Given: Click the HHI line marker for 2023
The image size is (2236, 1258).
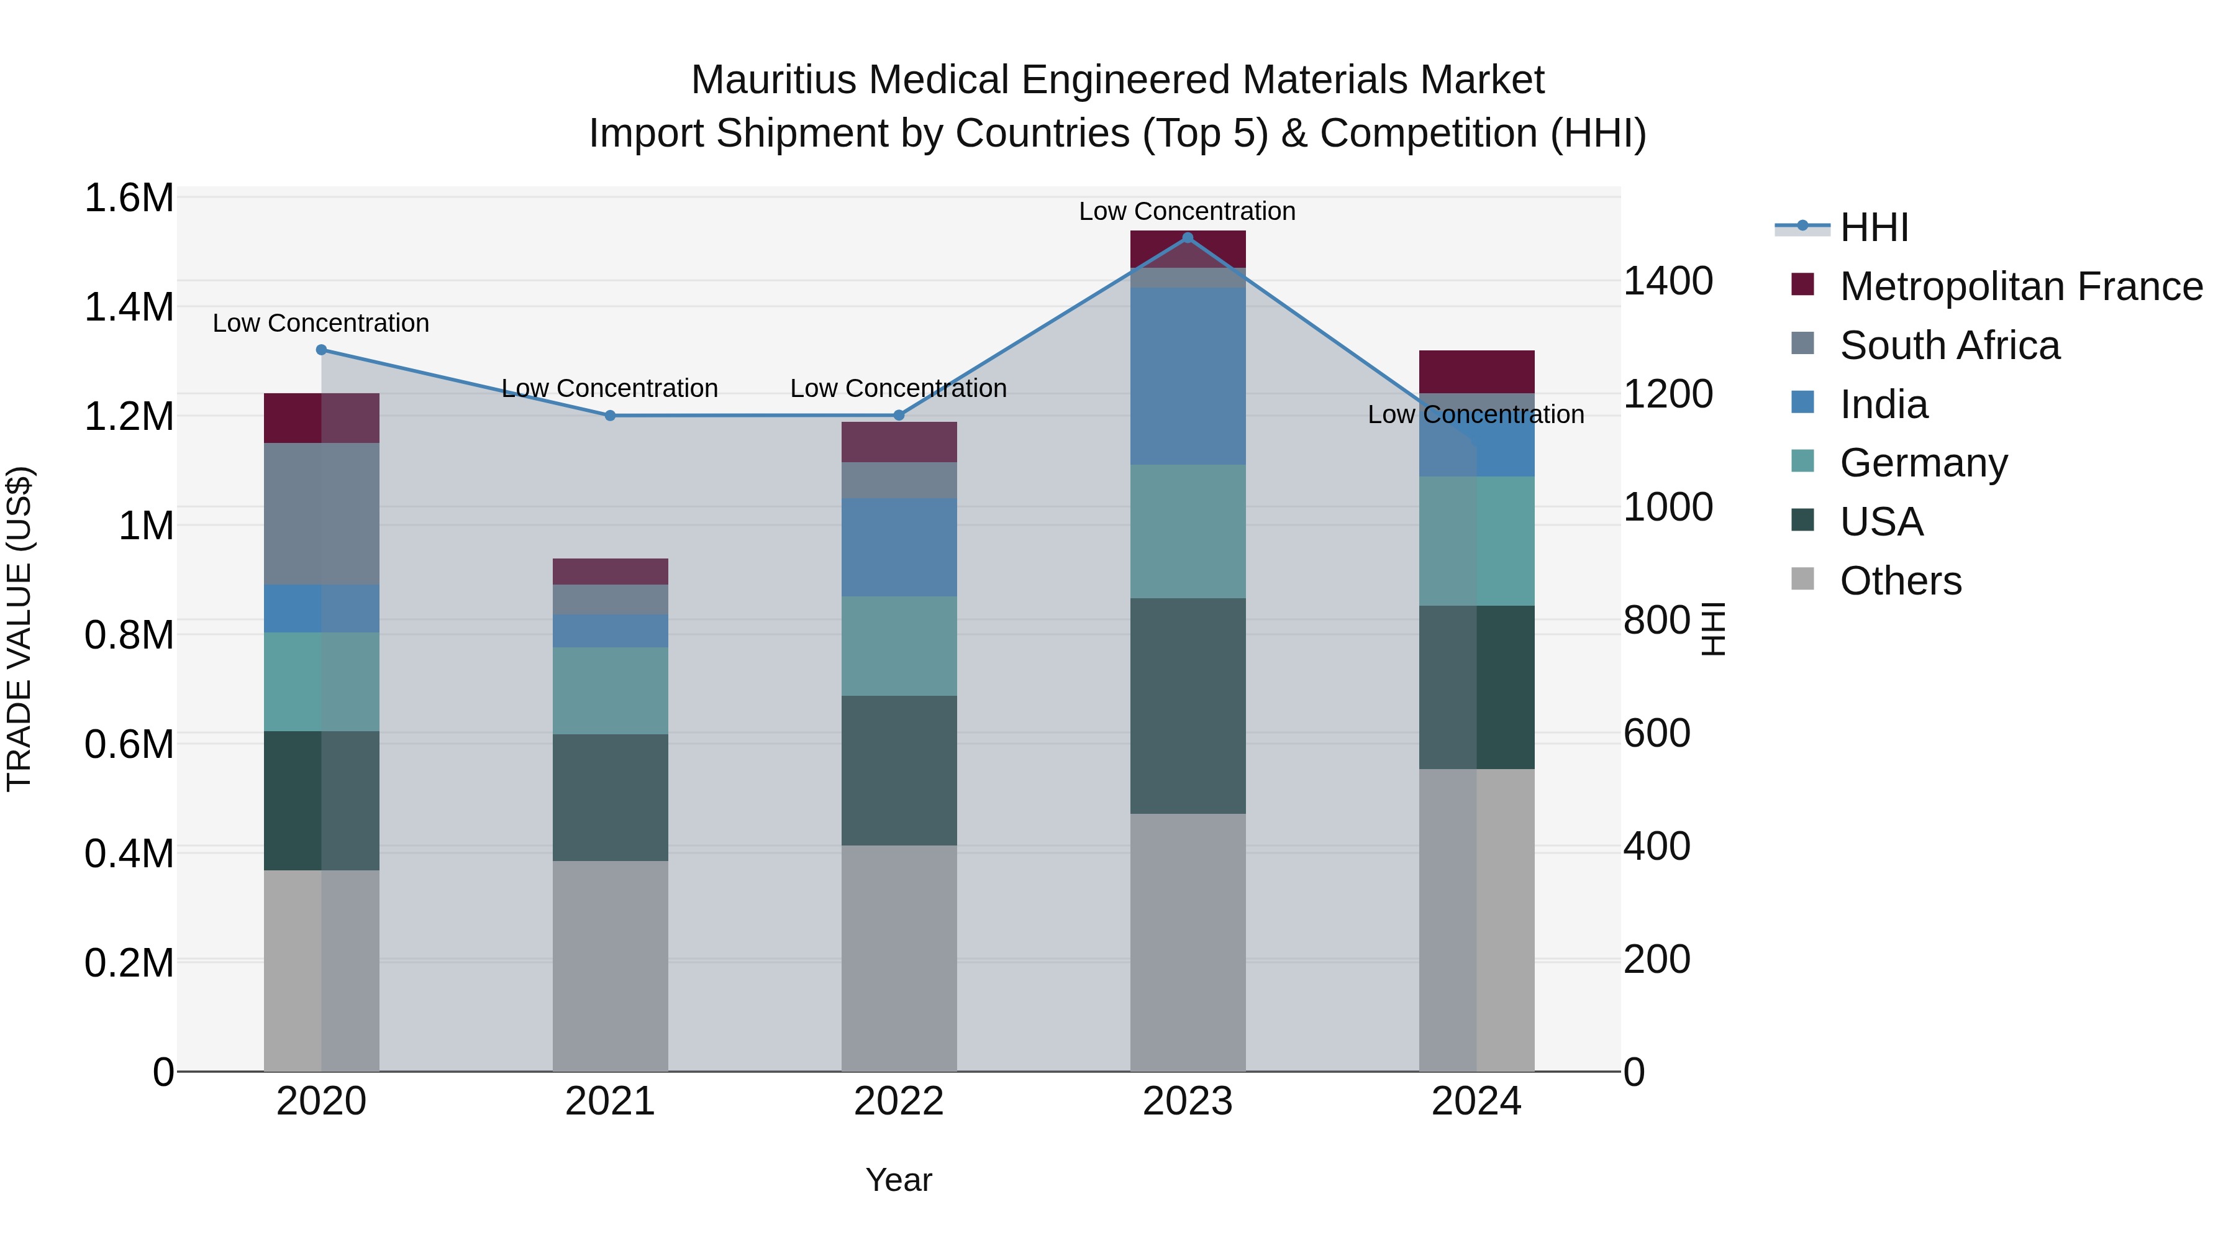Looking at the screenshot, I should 1188,238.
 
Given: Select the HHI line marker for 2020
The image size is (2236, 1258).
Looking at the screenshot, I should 321,350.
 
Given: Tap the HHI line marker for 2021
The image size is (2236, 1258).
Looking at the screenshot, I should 610,416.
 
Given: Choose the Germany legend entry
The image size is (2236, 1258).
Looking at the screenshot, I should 1924,463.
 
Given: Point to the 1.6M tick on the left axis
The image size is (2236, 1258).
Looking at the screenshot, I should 129,198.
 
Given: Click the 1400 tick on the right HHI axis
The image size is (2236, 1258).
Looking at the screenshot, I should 1668,281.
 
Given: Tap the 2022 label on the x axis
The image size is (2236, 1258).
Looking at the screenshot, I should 898,1101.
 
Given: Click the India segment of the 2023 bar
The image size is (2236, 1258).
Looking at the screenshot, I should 1188,376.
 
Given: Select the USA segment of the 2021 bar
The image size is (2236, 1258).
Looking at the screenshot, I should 610,797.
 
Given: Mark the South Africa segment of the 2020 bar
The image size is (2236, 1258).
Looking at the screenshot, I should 321,514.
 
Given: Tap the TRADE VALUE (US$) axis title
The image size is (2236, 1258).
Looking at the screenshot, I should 19,629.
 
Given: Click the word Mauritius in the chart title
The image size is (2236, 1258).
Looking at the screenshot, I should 775,80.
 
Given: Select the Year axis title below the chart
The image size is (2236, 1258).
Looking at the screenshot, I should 898,1180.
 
